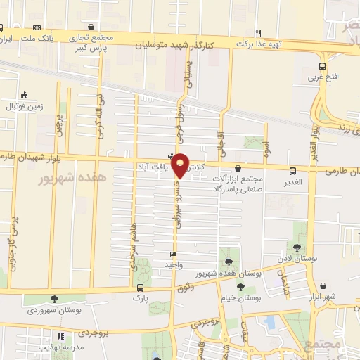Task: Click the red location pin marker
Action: (x=181, y=165)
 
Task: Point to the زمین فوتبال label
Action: (x=25, y=106)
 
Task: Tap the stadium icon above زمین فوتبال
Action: (x=25, y=96)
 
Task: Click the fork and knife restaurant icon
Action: (x=258, y=33)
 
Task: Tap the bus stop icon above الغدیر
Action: (x=293, y=170)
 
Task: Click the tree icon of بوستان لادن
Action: (x=297, y=246)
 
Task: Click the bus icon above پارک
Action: (x=141, y=288)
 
